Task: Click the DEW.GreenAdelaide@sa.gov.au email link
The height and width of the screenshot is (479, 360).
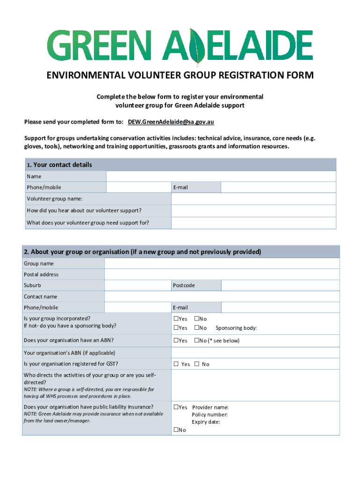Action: pyautogui.click(x=171, y=122)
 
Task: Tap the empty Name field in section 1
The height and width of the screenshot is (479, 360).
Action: pyautogui.click(x=221, y=176)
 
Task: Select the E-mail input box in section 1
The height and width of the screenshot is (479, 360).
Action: pyautogui.click(x=278, y=188)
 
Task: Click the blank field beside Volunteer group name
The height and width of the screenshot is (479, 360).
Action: pyautogui.click(x=253, y=199)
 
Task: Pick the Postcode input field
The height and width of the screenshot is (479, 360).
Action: pyautogui.click(x=280, y=285)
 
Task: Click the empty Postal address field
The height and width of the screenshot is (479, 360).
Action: pyautogui.click(x=222, y=275)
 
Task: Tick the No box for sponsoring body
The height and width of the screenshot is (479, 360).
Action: pyautogui.click(x=196, y=328)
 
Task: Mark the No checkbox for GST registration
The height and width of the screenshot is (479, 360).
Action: pyautogui.click(x=197, y=364)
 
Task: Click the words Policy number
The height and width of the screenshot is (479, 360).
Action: pyautogui.click(x=209, y=415)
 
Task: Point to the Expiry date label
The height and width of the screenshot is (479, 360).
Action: pyautogui.click(x=206, y=422)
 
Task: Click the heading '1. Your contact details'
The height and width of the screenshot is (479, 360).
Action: pyautogui.click(x=59, y=165)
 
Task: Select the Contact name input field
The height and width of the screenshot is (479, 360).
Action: pyautogui.click(x=222, y=297)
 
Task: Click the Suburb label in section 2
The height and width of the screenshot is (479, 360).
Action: pyautogui.click(x=32, y=285)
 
